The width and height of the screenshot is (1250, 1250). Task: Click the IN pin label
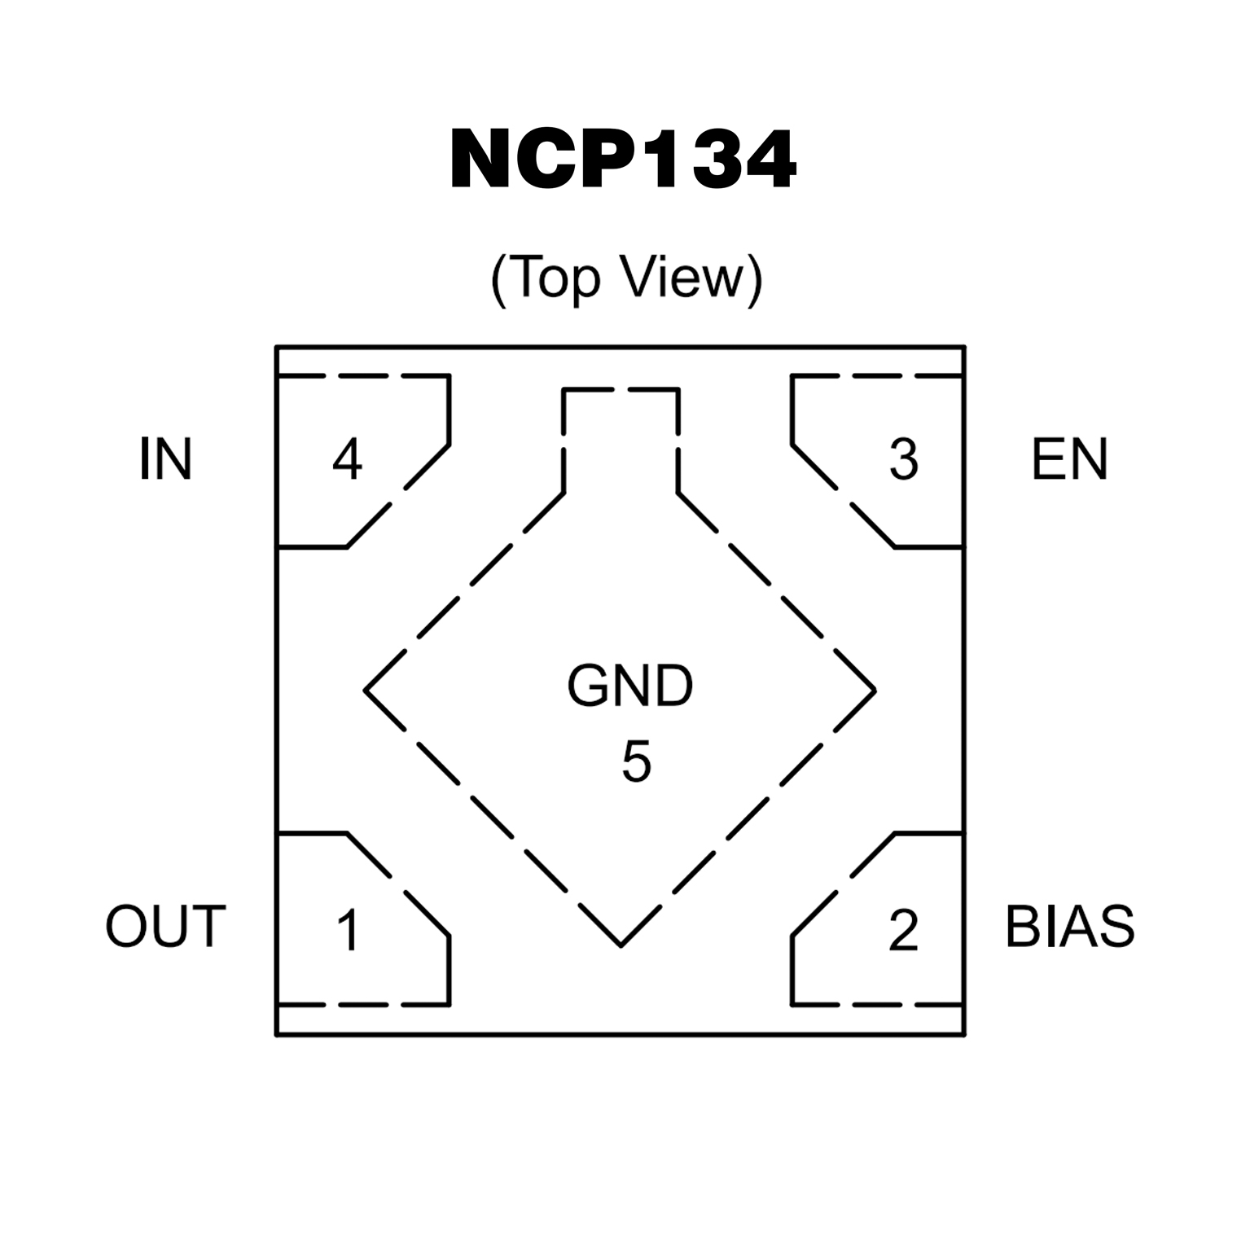(165, 459)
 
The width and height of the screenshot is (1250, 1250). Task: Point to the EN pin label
(1069, 459)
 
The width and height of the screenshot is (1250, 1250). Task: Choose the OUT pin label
(165, 926)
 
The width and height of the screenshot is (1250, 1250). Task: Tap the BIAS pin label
(1069, 926)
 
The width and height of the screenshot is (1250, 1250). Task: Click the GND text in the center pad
(629, 686)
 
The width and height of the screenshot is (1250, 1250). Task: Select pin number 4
(347, 459)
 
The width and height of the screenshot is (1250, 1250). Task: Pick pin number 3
(903, 459)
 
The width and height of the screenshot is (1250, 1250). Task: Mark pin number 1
(349, 930)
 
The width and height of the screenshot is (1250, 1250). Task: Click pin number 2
(903, 930)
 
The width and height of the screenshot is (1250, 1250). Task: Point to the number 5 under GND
(636, 762)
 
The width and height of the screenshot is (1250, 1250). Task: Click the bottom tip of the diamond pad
(621, 945)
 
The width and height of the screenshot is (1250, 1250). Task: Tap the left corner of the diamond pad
(366, 691)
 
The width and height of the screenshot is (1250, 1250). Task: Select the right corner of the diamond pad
(875, 691)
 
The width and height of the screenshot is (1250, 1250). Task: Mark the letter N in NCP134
(484, 160)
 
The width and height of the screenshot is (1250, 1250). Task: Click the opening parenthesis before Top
(499, 280)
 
